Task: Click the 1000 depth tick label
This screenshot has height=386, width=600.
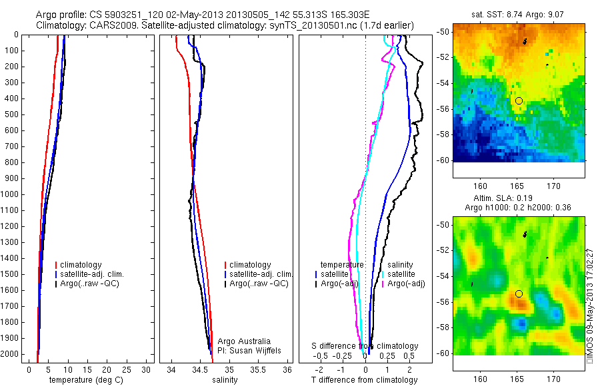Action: (x=11, y=194)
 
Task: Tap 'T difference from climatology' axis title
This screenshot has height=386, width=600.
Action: (x=364, y=380)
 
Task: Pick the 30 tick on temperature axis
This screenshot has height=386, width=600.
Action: (x=146, y=369)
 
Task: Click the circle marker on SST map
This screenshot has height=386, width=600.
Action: (x=519, y=100)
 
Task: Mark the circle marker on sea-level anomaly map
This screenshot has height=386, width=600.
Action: (x=519, y=293)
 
